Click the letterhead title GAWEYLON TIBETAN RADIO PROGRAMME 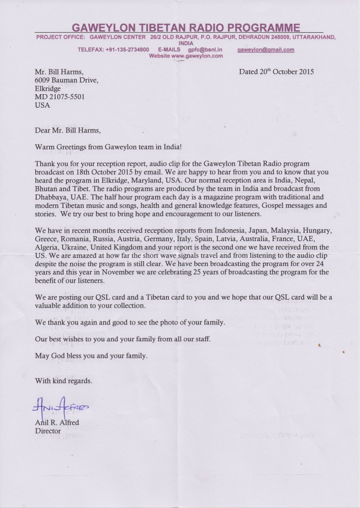(x=186, y=27)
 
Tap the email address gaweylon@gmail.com (x=266, y=50)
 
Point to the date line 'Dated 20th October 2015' (x=276, y=71)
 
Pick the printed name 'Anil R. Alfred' (x=56, y=423)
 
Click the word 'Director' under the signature (x=48, y=431)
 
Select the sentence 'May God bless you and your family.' (x=91, y=356)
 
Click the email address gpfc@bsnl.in (x=205, y=50)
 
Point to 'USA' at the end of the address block (x=42, y=105)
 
